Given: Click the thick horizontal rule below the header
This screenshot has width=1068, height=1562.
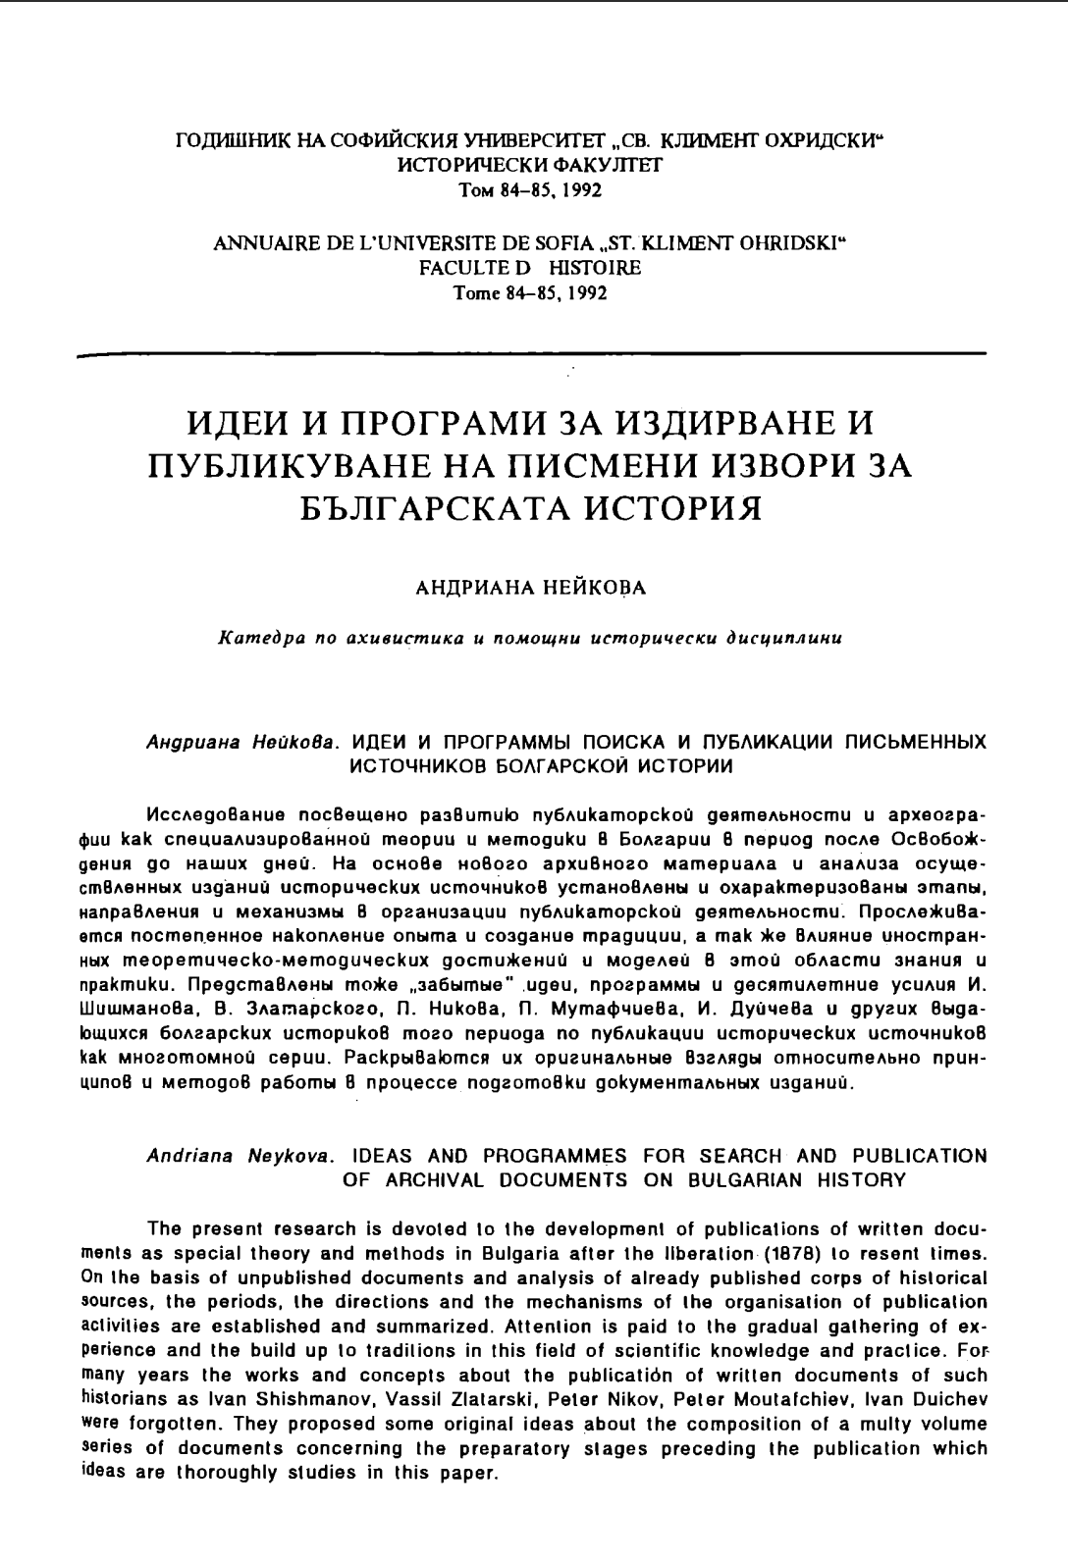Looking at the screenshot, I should tap(530, 353).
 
